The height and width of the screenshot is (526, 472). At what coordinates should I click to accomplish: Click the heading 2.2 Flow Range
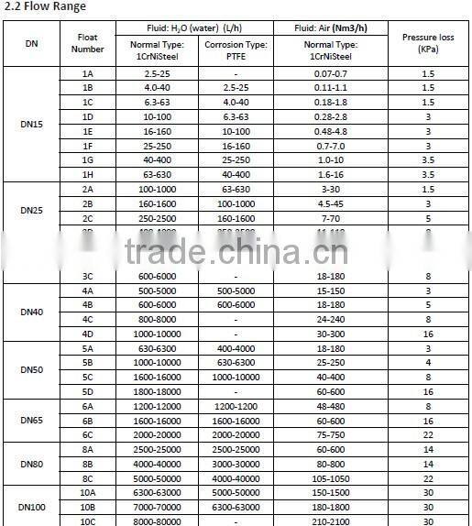point(46,7)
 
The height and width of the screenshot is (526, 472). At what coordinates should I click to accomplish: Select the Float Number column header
point(88,42)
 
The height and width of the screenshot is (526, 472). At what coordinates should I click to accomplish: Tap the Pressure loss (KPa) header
point(428,42)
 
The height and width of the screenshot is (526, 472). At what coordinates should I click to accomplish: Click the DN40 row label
point(32,312)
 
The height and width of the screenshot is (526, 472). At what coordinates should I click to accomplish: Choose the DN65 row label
point(32,420)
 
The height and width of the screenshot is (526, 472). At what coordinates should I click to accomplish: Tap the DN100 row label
point(32,506)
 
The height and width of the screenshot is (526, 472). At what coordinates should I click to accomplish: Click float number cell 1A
point(88,72)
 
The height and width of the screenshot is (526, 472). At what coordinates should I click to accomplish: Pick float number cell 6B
point(88,420)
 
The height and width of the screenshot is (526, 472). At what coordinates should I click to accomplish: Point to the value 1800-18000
point(156,390)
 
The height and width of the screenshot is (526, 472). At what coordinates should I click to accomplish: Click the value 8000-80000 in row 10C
point(156,521)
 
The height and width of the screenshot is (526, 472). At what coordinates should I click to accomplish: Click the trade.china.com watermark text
point(236,249)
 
